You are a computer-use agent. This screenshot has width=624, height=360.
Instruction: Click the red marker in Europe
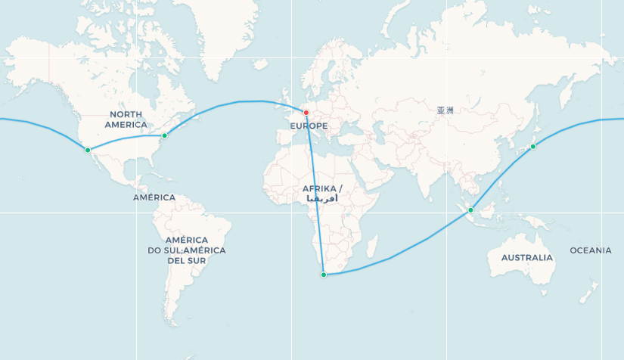coord(306,113)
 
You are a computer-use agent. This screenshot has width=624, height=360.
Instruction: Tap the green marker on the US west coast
coord(88,150)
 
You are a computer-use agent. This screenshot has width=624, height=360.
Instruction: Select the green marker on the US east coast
coord(164,135)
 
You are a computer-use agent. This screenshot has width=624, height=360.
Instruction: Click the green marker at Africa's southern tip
coord(324,275)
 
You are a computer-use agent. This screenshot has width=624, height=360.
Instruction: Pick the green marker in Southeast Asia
coord(470,209)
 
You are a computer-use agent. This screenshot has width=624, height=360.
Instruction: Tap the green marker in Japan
coord(533,146)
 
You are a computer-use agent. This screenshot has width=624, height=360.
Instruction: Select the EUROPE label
coord(309,126)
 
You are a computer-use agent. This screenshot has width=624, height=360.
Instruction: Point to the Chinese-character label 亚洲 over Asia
coord(445,110)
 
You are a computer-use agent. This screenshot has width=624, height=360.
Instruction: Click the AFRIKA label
coord(321,188)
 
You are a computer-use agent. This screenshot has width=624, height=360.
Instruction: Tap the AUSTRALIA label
coord(526,258)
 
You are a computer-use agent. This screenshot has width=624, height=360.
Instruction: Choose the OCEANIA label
coord(591,250)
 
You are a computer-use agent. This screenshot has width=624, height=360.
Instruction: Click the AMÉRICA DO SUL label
coord(186,250)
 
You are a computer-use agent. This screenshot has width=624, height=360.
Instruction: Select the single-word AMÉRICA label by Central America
coord(154,197)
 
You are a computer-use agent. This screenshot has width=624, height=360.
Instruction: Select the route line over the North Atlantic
coord(242,101)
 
